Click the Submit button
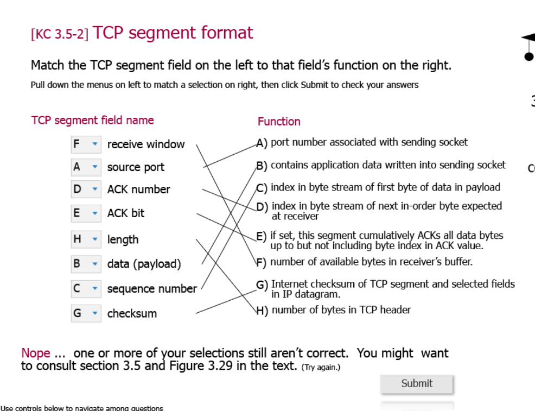(416, 383)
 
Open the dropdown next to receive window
(86, 144)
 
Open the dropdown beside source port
(86, 167)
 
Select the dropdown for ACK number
(86, 189)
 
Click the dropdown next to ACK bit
(86, 213)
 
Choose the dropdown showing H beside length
(86, 239)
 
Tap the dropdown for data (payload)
(86, 264)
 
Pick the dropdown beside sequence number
(86, 289)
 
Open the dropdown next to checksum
(86, 313)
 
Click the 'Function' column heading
(279, 122)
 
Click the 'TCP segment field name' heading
(93, 120)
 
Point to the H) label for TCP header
(262, 311)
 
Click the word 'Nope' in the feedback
(36, 353)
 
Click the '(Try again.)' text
(321, 368)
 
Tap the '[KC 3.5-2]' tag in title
(60, 34)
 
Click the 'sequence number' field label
(152, 289)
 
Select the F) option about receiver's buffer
(371, 262)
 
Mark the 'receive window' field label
(146, 144)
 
